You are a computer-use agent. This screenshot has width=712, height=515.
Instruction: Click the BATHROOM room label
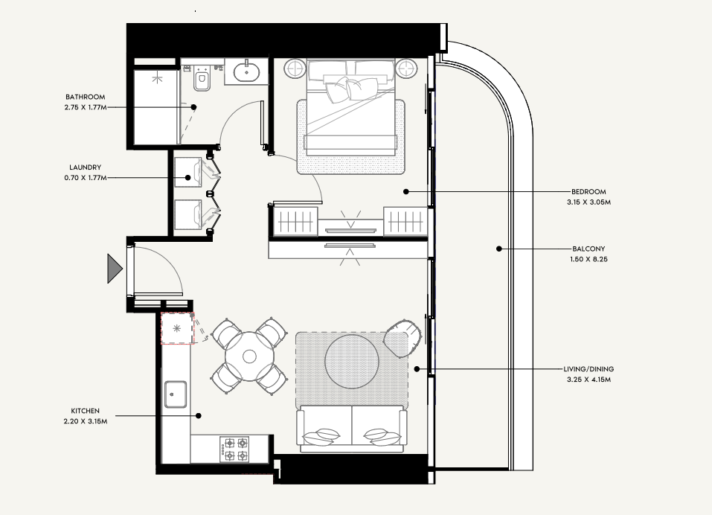coord(86,97)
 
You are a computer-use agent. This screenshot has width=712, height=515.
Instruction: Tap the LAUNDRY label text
coord(86,167)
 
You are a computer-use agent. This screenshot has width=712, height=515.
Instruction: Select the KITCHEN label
coord(86,411)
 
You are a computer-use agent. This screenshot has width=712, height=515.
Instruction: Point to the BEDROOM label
coord(588,192)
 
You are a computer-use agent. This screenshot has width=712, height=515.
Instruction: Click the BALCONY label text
coord(588,249)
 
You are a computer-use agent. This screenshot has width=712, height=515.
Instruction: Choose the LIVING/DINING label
coord(588,369)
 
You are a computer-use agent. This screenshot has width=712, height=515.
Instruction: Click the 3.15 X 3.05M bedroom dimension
coord(588,202)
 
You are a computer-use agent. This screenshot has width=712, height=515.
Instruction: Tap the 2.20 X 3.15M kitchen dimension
coord(86,421)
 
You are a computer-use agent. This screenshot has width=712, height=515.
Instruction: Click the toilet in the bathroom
coord(201,78)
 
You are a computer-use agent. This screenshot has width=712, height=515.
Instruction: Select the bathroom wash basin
coord(247,71)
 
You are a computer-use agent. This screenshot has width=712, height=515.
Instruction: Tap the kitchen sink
coord(176,394)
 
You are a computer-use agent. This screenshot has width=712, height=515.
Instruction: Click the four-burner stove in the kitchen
coord(234,450)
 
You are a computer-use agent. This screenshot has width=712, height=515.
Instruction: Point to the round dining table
coord(249,356)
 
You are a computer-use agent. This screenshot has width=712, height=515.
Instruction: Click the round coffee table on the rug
coord(352,362)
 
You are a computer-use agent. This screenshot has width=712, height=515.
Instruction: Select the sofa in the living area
coord(352,429)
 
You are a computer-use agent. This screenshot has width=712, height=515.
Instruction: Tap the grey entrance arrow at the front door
coord(115,269)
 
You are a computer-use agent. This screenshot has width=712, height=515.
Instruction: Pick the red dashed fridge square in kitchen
coord(178,328)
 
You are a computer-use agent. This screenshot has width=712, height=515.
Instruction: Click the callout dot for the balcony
coord(499,249)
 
